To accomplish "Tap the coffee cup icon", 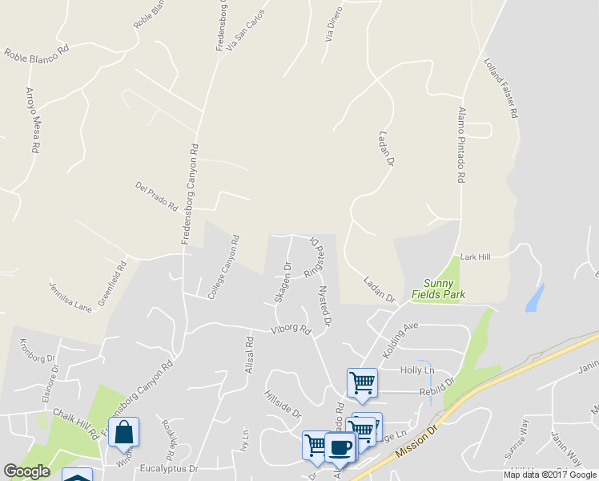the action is point(339,447).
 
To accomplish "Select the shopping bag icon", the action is point(124,432).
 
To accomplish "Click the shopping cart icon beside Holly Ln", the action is point(362,382).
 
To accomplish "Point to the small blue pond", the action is point(533,298).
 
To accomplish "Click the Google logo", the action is point(26,471).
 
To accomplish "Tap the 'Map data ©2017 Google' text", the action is point(550,475).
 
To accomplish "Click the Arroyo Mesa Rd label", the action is point(32,120).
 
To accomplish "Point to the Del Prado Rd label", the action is point(157,196).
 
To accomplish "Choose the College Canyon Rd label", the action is point(224,267).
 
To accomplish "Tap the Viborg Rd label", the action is point(290,329).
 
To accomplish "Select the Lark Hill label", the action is point(475,257).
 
